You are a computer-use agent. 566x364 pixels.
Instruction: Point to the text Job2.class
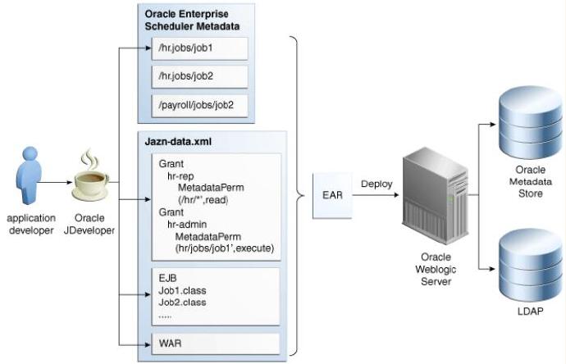(x=182, y=303)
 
